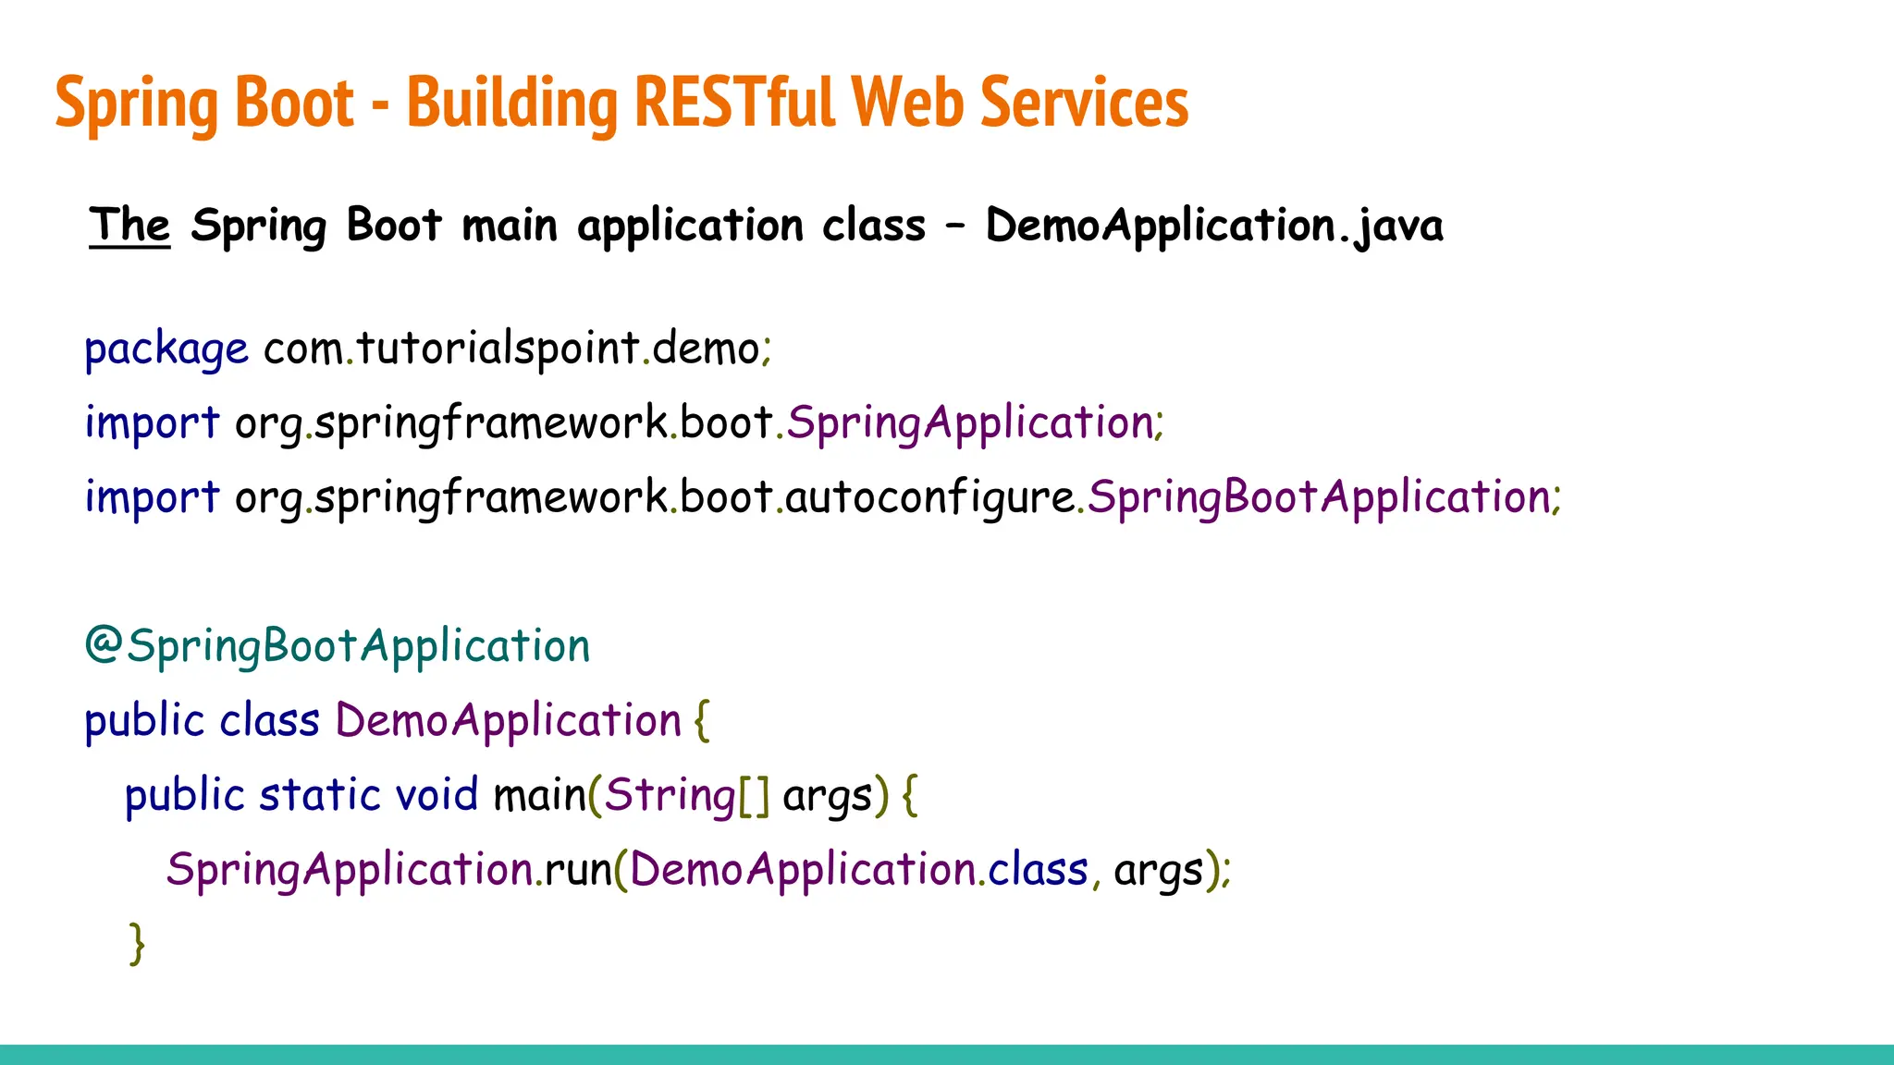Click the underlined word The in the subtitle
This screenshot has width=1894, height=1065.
pos(129,226)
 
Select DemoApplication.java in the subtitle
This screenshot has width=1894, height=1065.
pos(1213,226)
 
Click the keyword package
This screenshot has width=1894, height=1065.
pos(166,349)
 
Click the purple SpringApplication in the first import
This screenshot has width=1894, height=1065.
pos(969,423)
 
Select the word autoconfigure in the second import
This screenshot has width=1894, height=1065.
pos(929,498)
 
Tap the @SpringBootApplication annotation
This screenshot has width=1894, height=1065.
pos(338,645)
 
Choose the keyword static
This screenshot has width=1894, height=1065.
pos(319,795)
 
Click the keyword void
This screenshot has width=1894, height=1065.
pos(437,795)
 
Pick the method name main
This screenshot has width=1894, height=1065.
pos(539,795)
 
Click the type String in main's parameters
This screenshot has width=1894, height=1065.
pos(670,795)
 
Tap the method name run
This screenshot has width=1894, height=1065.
pos(578,870)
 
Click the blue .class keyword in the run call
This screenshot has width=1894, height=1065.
pos(1037,870)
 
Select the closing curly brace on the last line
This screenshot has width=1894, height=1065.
pos(137,943)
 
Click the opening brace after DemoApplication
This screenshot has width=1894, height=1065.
pos(702,720)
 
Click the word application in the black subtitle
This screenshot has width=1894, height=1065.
pos(690,226)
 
